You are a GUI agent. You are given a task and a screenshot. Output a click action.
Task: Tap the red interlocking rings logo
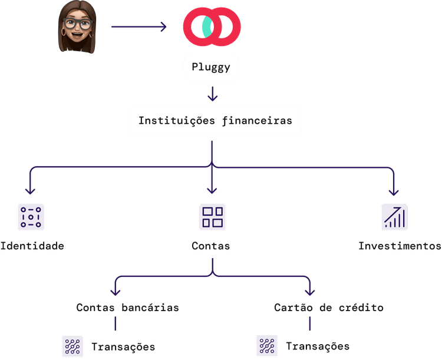(212, 27)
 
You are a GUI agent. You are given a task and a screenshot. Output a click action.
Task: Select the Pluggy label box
(212, 68)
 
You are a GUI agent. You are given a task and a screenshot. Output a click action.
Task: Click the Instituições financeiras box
(215, 120)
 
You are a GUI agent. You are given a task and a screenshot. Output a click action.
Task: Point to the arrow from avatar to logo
(139, 27)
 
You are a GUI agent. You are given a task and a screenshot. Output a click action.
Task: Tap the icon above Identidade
(31, 217)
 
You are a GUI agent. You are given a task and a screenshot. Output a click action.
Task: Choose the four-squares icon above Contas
(212, 217)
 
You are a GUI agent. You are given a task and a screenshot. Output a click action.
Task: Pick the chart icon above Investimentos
(394, 217)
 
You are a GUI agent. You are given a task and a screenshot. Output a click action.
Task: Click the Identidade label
(32, 246)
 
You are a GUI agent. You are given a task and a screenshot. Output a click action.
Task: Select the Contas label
(211, 246)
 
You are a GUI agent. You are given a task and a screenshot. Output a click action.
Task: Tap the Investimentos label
(400, 246)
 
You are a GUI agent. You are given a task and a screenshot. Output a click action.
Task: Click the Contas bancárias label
(127, 308)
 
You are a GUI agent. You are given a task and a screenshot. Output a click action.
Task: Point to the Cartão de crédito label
(329, 308)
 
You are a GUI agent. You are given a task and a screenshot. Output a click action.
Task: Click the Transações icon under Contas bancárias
(72, 346)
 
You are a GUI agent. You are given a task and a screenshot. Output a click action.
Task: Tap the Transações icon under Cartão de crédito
(267, 346)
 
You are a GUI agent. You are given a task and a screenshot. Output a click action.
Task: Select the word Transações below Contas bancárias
(123, 346)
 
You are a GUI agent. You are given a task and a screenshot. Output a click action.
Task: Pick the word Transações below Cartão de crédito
(318, 346)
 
